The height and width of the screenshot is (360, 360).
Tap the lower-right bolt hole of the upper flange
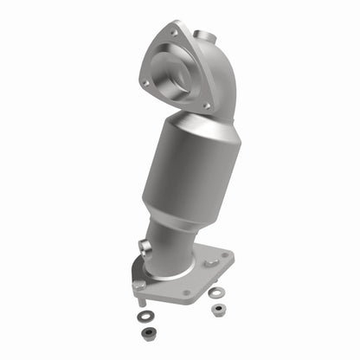pyautogui.click(x=207, y=106)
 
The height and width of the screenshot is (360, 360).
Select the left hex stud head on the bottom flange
pyautogui.click(x=138, y=285)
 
